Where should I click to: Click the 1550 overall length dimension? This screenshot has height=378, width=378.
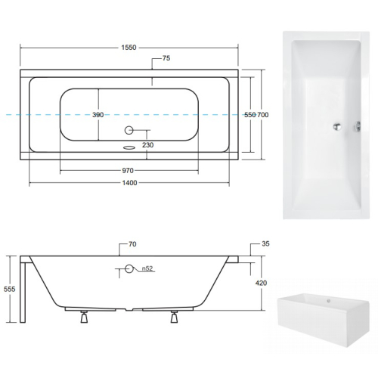pos(129,48)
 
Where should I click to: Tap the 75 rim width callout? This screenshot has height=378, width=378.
pos(166,58)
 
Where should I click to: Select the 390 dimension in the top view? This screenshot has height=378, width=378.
pos(98,115)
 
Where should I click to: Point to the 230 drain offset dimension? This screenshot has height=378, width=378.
pos(148,145)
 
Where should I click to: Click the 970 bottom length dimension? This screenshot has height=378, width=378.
pos(128,171)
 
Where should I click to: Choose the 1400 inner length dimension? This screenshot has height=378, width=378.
pos(129,183)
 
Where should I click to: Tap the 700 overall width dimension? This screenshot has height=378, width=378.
pos(263,115)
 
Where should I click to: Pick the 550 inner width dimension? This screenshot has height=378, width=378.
pos(250,115)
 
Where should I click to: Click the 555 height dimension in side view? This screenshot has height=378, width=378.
pos(10,289)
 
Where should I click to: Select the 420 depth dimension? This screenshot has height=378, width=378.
pos(261,283)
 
